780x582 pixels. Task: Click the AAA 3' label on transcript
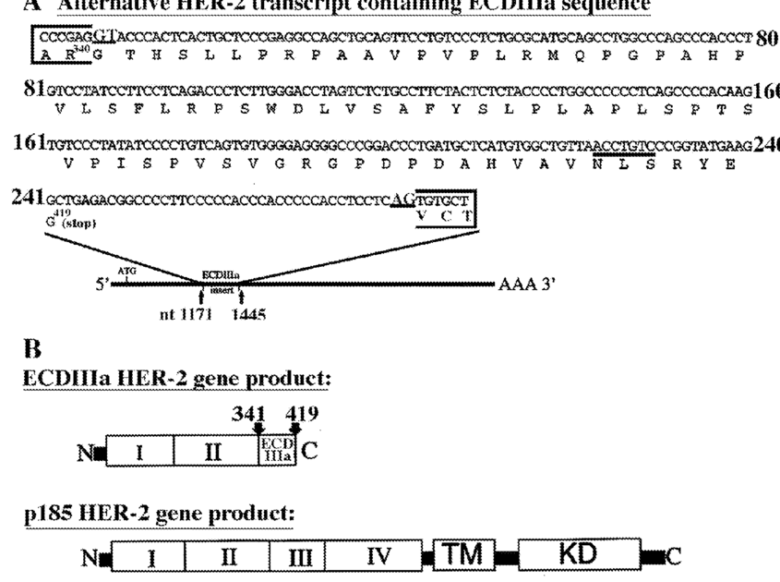[525, 285]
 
